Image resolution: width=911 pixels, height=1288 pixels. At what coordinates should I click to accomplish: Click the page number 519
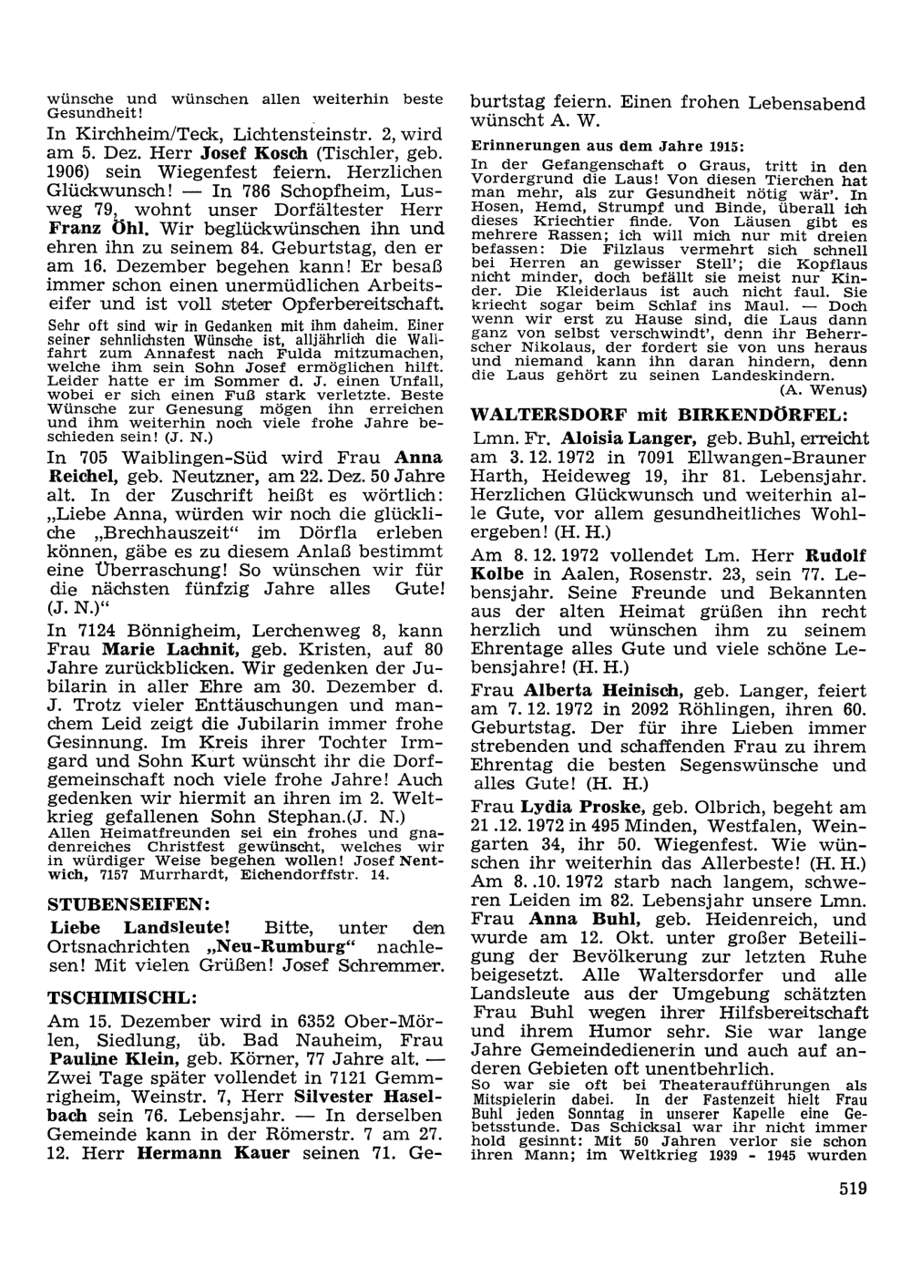pos(849,1188)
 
